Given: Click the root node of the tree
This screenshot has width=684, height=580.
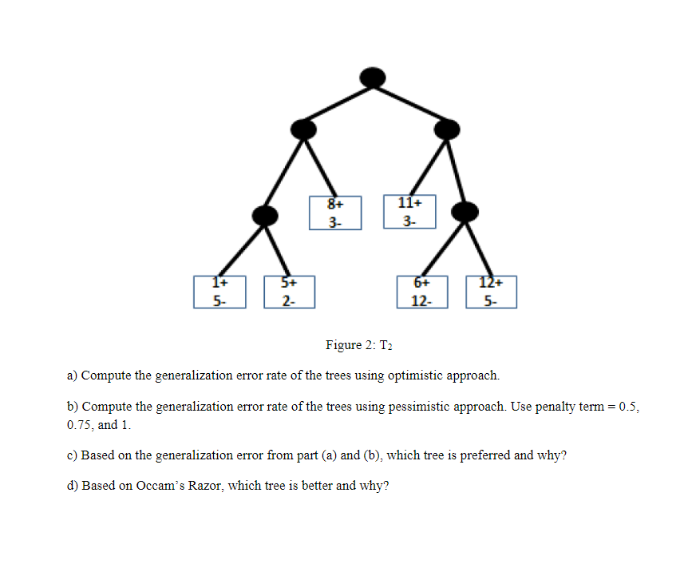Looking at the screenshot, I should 373,77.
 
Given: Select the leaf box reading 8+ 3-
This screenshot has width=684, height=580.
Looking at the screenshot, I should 335,213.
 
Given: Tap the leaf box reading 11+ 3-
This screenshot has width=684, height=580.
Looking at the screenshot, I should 409,212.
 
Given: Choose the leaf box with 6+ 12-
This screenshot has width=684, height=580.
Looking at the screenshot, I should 421,292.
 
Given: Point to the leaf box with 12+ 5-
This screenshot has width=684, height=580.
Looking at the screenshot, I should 492,292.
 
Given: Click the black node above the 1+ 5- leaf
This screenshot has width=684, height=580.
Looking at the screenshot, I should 264,214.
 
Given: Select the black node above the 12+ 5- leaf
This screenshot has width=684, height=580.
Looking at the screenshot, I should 465,211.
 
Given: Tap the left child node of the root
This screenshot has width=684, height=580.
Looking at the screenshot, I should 303,129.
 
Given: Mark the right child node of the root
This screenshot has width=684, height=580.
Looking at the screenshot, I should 447,129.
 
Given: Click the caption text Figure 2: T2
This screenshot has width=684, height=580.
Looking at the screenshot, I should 360,345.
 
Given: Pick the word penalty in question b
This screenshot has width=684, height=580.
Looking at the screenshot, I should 556,407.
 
